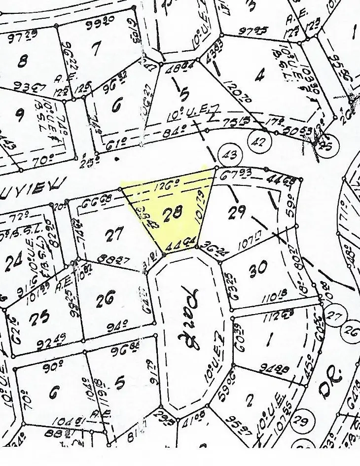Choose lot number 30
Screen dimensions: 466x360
click(x=258, y=268)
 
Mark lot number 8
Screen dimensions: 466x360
click(x=22, y=61)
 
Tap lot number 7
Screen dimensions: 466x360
click(x=95, y=49)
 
